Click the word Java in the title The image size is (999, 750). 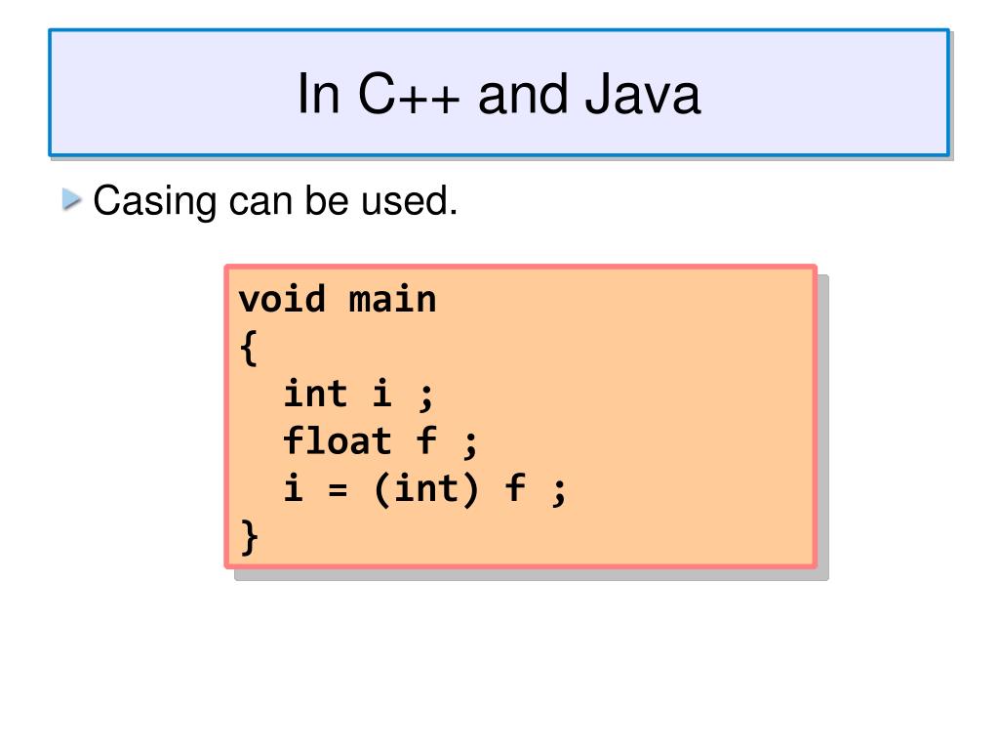pos(644,96)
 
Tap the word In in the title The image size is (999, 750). pos(316,96)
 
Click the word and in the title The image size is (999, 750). pos(523,96)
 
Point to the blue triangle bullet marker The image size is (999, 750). pos(70,200)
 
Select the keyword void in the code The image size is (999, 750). pos(282,298)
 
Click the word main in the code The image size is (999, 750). pos(392,298)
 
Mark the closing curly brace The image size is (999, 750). pos(249,537)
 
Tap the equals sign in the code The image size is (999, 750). pos(338,488)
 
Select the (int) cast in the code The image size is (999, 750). pos(426,488)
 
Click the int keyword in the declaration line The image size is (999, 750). pos(315,394)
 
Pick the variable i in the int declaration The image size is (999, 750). pos(382,394)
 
